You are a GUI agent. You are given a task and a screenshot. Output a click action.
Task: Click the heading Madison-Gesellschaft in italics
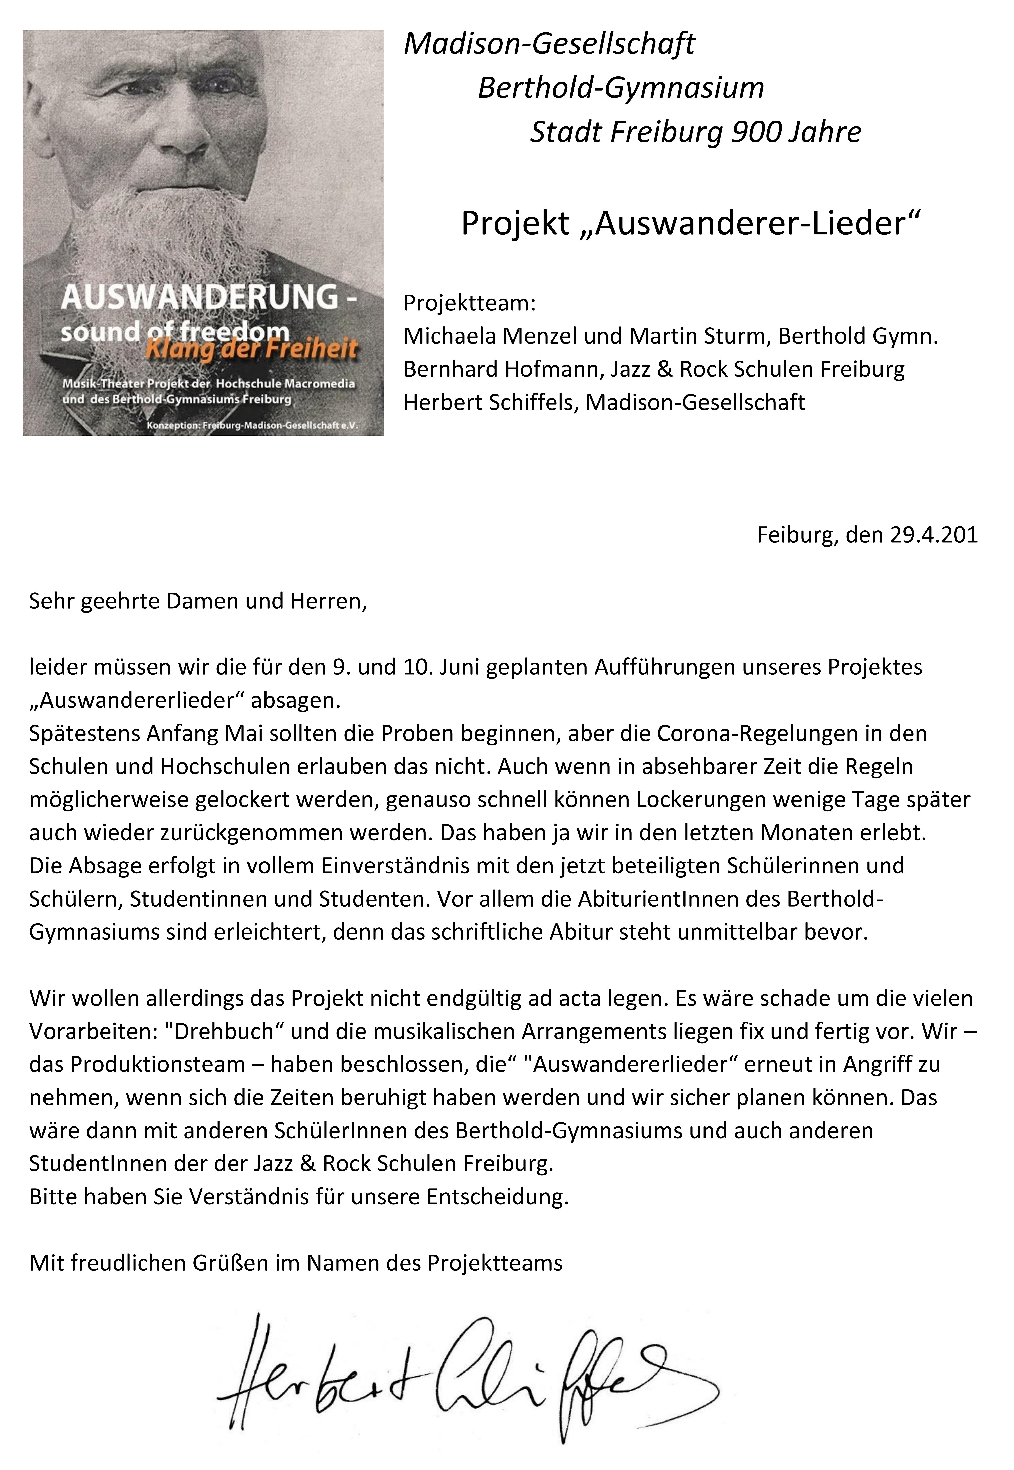[550, 44]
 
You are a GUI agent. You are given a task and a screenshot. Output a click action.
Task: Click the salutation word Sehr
[51, 601]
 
